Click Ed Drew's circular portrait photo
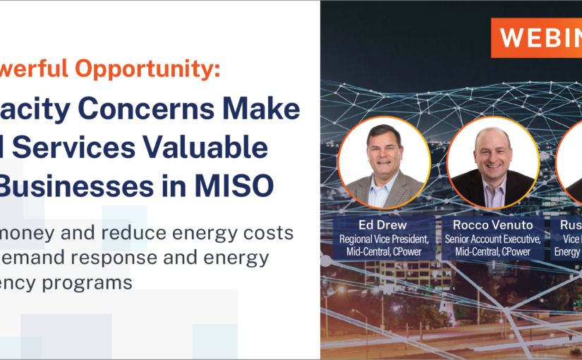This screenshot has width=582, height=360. (384, 162)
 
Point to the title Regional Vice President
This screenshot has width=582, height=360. (384, 239)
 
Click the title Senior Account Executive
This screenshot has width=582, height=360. (493, 239)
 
